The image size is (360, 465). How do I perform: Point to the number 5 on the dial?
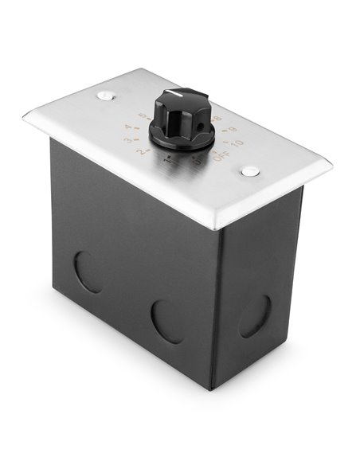[143, 116]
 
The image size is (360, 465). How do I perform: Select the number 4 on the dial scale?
[128, 127]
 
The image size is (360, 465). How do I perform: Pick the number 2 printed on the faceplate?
[140, 151]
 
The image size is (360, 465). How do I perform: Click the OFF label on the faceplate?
[222, 155]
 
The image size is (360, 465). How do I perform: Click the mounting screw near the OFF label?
[251, 171]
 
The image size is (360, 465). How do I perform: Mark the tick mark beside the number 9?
[227, 131]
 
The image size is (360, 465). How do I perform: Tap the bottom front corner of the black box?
[213, 388]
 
